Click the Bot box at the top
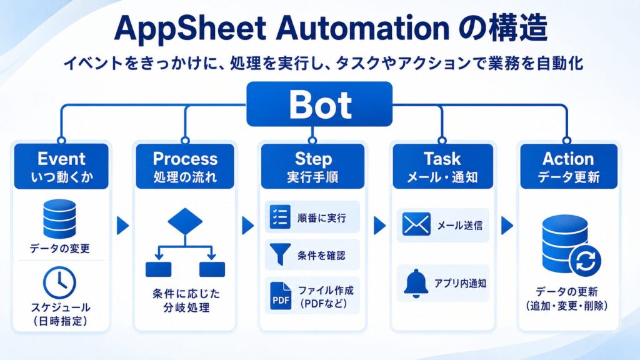(319, 104)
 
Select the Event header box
(61, 166)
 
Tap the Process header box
(185, 166)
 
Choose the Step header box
(312, 166)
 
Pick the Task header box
(443, 166)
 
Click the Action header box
(569, 166)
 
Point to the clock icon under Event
(59, 282)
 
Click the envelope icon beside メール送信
(416, 224)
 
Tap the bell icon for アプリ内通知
(416, 283)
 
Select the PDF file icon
(281, 296)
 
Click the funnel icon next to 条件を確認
(280, 254)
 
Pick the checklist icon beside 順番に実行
(281, 217)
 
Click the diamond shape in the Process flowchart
(185, 221)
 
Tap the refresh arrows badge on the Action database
(586, 261)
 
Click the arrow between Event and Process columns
(123, 225)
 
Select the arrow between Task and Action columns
(507, 225)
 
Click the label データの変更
(59, 248)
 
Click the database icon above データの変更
(59, 219)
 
